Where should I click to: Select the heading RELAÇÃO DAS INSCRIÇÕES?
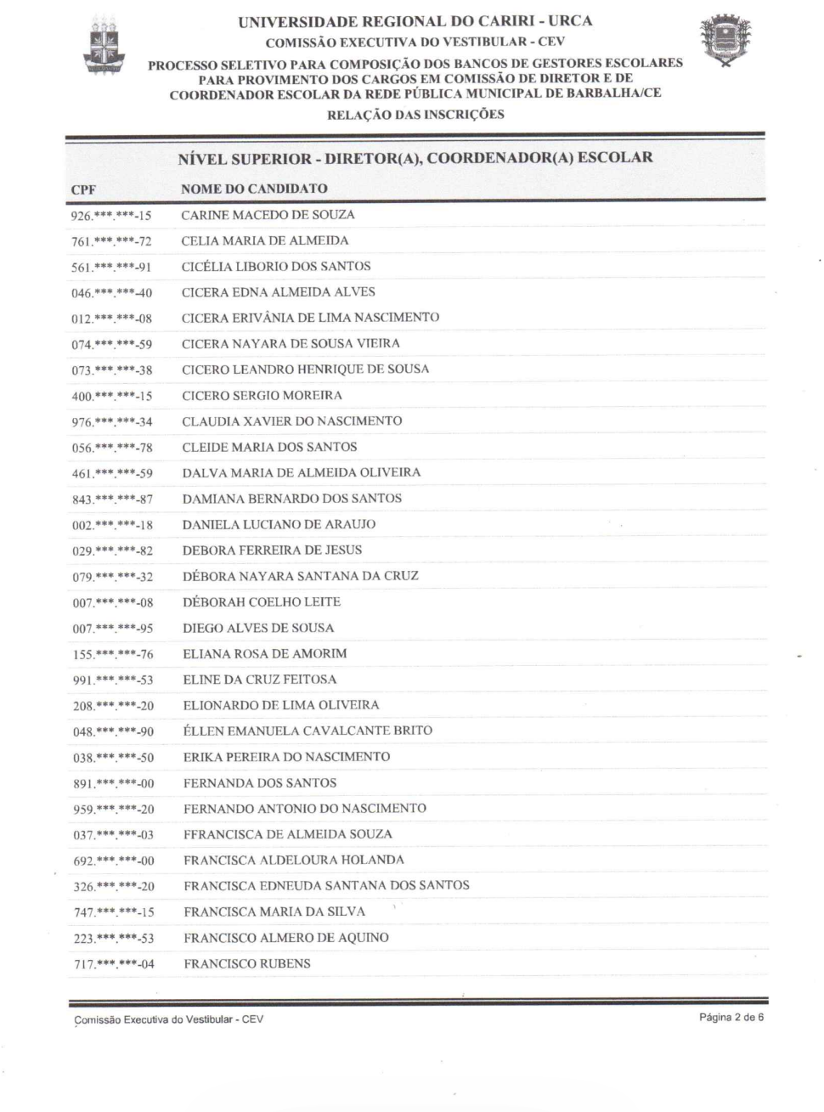pyautogui.click(x=415, y=115)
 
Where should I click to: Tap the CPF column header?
pyautogui.click(x=83, y=190)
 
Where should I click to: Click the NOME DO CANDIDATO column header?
pyautogui.click(x=254, y=189)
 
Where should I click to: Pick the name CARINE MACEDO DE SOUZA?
pyautogui.click(x=268, y=215)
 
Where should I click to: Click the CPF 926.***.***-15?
pyautogui.click(x=111, y=216)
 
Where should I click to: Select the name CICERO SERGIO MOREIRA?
pyautogui.click(x=262, y=395)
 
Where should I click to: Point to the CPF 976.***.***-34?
pyautogui.click(x=112, y=422)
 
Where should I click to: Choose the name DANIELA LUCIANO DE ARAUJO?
pyautogui.click(x=279, y=524)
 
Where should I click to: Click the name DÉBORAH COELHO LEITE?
pyautogui.click(x=262, y=601)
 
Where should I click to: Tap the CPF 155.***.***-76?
pyautogui.click(x=113, y=654)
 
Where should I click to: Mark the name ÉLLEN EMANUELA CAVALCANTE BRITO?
pyautogui.click(x=308, y=731)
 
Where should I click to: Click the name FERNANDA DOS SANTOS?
pyautogui.click(x=260, y=782)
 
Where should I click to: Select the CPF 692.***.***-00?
pyautogui.click(x=114, y=861)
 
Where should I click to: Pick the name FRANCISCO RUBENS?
pyautogui.click(x=247, y=963)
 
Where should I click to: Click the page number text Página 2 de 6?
pyautogui.click(x=731, y=1017)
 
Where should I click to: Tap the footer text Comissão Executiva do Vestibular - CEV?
pyautogui.click(x=169, y=1019)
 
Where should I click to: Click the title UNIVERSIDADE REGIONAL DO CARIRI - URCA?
pyautogui.click(x=415, y=21)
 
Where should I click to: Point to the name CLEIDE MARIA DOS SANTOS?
pyautogui.click(x=269, y=447)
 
